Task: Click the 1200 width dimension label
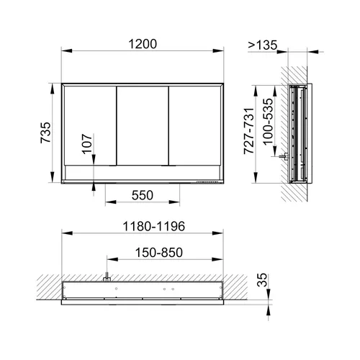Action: pyautogui.click(x=143, y=44)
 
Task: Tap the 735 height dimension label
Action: pyautogui.click(x=45, y=132)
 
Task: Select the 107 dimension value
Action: pyautogui.click(x=87, y=144)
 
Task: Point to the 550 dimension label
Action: pyautogui.click(x=143, y=195)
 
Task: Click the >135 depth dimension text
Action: pyautogui.click(x=263, y=45)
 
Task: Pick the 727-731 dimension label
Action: pyautogui.click(x=248, y=131)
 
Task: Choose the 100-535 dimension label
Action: pyautogui.click(x=268, y=122)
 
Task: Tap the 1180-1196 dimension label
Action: pyautogui.click(x=154, y=226)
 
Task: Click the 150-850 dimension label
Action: pyautogui.click(x=159, y=252)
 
